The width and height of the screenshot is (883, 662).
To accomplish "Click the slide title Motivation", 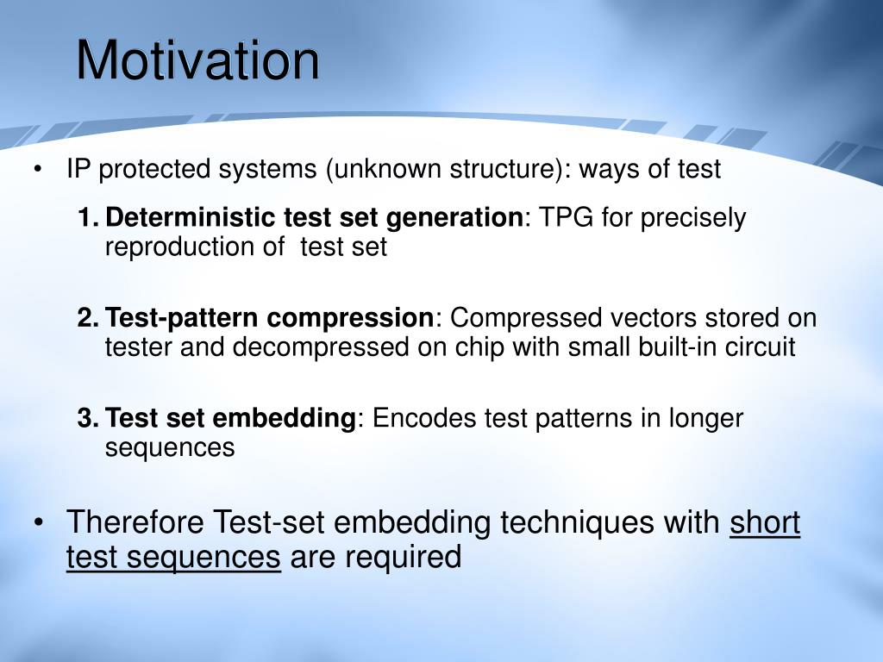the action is coord(197,60).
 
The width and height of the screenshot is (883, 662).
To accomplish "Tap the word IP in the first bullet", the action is coord(78,169).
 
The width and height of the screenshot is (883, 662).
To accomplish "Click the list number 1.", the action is coord(88,217).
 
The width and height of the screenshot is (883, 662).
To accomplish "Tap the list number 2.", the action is coord(88,317).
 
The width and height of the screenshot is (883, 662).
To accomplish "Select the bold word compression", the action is coord(350,319).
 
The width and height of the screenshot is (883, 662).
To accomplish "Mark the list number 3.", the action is coord(88,418).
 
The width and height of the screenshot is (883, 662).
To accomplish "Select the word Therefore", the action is coord(135,521).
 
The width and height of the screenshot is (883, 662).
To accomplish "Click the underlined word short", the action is coord(765,522).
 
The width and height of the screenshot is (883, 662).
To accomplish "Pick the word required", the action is coord(404,558).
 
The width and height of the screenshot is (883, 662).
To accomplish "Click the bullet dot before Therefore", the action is coord(38,523).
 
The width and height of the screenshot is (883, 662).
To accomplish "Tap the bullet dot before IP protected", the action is coord(38,170).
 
